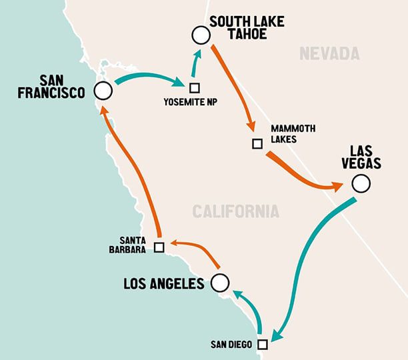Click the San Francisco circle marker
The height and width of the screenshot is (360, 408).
click(x=103, y=91)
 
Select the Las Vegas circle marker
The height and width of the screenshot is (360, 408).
click(x=361, y=183)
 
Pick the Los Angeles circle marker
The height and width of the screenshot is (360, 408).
click(x=219, y=283)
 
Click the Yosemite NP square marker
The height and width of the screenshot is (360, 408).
click(x=194, y=87)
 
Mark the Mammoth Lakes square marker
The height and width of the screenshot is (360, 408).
click(x=257, y=143)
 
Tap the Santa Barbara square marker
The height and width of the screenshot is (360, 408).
click(x=159, y=247)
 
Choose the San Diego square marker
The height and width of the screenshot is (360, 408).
click(x=262, y=344)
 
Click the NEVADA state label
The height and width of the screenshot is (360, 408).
click(x=329, y=53)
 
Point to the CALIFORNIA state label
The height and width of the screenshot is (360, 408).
click(x=235, y=212)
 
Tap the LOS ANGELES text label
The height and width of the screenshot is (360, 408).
click(x=163, y=284)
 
